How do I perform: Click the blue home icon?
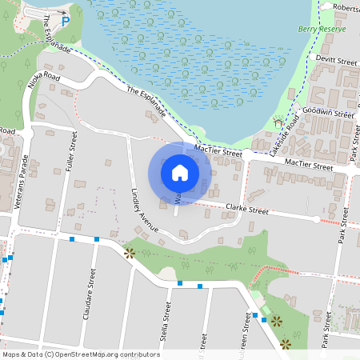180,173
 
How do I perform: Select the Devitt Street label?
337,61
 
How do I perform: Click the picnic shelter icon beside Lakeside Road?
278,124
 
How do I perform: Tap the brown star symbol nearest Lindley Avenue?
130,254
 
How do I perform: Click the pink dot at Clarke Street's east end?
317,218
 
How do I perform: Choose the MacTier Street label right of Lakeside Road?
308,165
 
